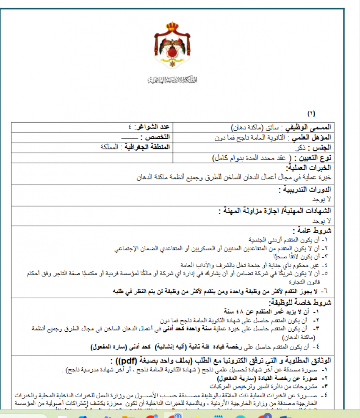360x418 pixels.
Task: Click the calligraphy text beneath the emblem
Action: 173,80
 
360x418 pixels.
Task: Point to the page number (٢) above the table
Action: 311,113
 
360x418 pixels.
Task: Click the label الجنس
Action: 323,148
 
